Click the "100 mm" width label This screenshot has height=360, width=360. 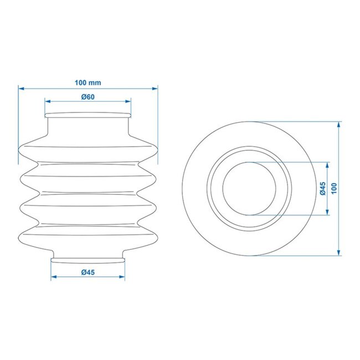(88, 83)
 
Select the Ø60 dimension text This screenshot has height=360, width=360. (88, 96)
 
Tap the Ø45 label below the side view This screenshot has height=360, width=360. (88, 271)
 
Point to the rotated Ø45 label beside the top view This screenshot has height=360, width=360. (322, 189)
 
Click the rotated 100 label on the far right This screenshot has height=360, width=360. (333, 189)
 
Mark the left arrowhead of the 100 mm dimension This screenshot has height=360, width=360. (20, 88)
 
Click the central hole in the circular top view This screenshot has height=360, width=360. (248, 189)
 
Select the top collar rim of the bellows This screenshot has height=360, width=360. (88, 115)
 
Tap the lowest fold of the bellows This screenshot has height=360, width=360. (88, 236)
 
